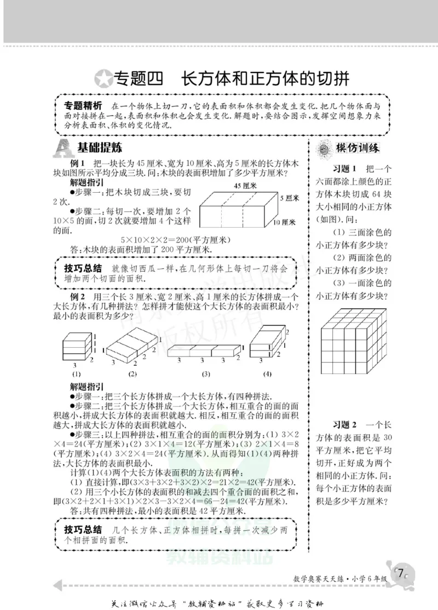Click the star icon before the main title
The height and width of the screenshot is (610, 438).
(x=102, y=79)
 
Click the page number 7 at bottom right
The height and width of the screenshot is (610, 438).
(x=401, y=574)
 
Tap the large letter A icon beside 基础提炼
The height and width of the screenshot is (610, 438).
(x=64, y=148)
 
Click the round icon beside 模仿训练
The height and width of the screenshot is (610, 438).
(x=323, y=148)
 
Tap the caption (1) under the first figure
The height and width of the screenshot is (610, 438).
(x=76, y=375)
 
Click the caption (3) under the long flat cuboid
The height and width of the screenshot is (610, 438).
(x=205, y=375)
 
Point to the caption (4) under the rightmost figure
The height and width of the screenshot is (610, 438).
(x=267, y=375)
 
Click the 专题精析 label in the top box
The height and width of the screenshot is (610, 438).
(x=83, y=105)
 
